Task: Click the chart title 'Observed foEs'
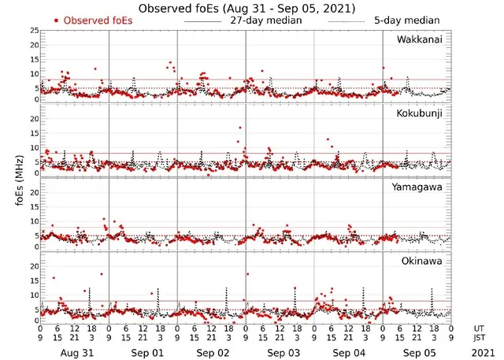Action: click(245, 7)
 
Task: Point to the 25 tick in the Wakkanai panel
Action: click(33, 31)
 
